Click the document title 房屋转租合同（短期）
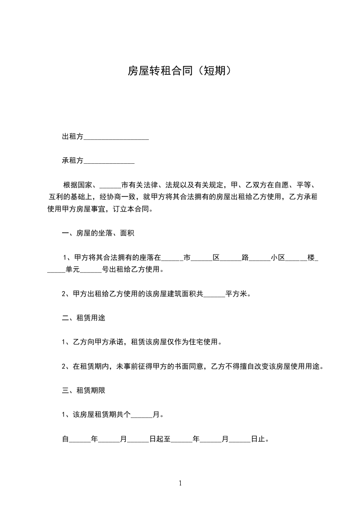(180, 71)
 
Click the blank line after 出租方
(116, 137)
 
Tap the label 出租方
(73, 137)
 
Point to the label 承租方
(73, 161)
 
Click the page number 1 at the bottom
(180, 483)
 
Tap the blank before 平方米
(214, 294)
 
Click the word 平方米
(236, 294)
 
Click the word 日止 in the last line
(258, 439)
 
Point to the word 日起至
(159, 439)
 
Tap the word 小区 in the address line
(278, 258)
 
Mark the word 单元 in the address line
(73, 269)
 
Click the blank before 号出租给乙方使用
(91, 269)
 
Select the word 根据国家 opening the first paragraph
(78, 185)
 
